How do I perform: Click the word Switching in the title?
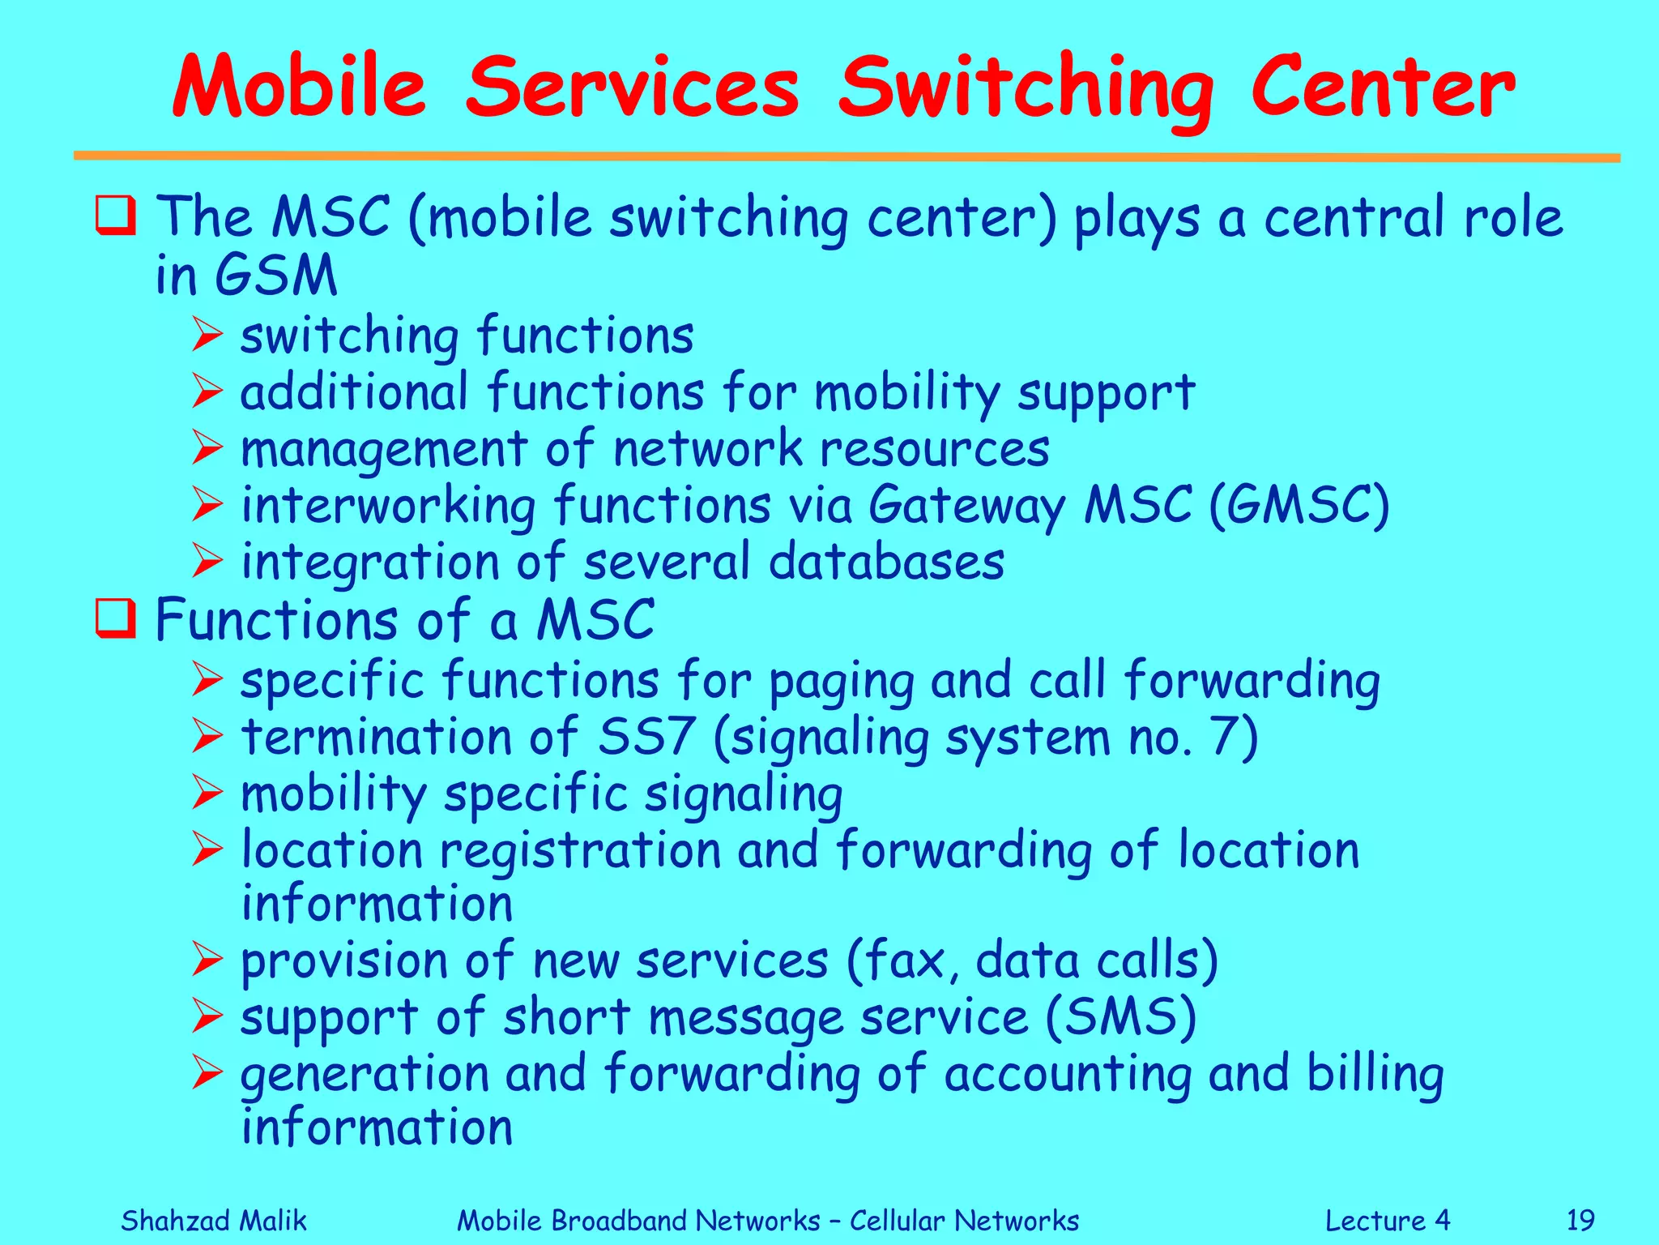point(1025,89)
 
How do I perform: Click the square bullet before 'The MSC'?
point(115,216)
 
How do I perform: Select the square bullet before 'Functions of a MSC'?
point(115,619)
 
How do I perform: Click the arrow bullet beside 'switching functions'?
point(207,336)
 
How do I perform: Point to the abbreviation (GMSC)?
point(1299,506)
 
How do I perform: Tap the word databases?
point(886,562)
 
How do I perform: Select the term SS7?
point(646,737)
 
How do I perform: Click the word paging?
point(841,682)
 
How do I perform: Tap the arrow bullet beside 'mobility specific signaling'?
point(207,794)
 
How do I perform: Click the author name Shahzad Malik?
point(214,1220)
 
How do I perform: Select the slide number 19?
point(1580,1220)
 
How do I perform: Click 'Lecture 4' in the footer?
point(1387,1220)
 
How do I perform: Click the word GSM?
point(276,276)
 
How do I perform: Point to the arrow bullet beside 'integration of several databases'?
point(207,562)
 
